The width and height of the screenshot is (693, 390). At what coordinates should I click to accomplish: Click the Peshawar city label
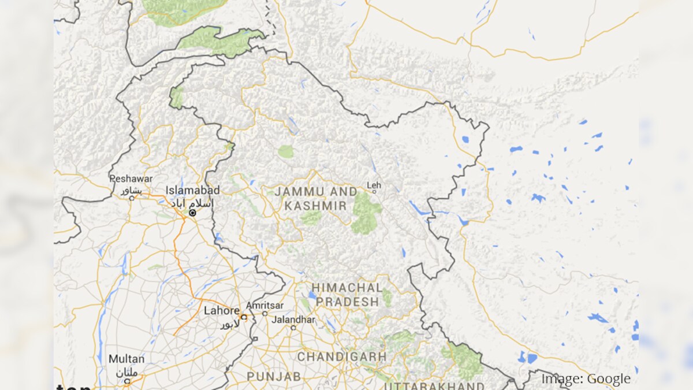[x=131, y=179]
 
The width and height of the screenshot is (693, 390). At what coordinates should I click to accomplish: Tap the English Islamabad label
[x=192, y=190]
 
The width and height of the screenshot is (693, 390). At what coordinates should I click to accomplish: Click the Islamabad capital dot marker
[x=192, y=213]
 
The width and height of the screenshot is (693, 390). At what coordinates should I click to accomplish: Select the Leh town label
[x=374, y=185]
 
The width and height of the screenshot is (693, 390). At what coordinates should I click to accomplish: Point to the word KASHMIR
[x=315, y=206]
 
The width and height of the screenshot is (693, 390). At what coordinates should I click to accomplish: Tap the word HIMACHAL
[x=347, y=288]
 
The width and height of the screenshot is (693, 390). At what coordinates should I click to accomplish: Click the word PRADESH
[x=347, y=302]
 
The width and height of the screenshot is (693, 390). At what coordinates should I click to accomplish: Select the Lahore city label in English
[x=221, y=311]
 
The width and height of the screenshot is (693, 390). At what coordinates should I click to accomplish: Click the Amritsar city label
[x=264, y=305]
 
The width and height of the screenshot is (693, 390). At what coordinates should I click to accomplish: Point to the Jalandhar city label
[x=294, y=320]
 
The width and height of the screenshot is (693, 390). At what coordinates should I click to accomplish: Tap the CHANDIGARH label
[x=341, y=356]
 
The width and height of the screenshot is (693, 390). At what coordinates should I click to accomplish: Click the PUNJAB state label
[x=274, y=376]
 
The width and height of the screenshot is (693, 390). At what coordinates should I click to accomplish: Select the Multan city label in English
[x=126, y=359]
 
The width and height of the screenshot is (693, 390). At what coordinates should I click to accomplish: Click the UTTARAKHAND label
[x=434, y=385]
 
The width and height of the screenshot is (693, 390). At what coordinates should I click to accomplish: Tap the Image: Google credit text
[x=586, y=379]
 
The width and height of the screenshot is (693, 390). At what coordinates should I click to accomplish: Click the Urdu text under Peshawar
[x=131, y=190]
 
